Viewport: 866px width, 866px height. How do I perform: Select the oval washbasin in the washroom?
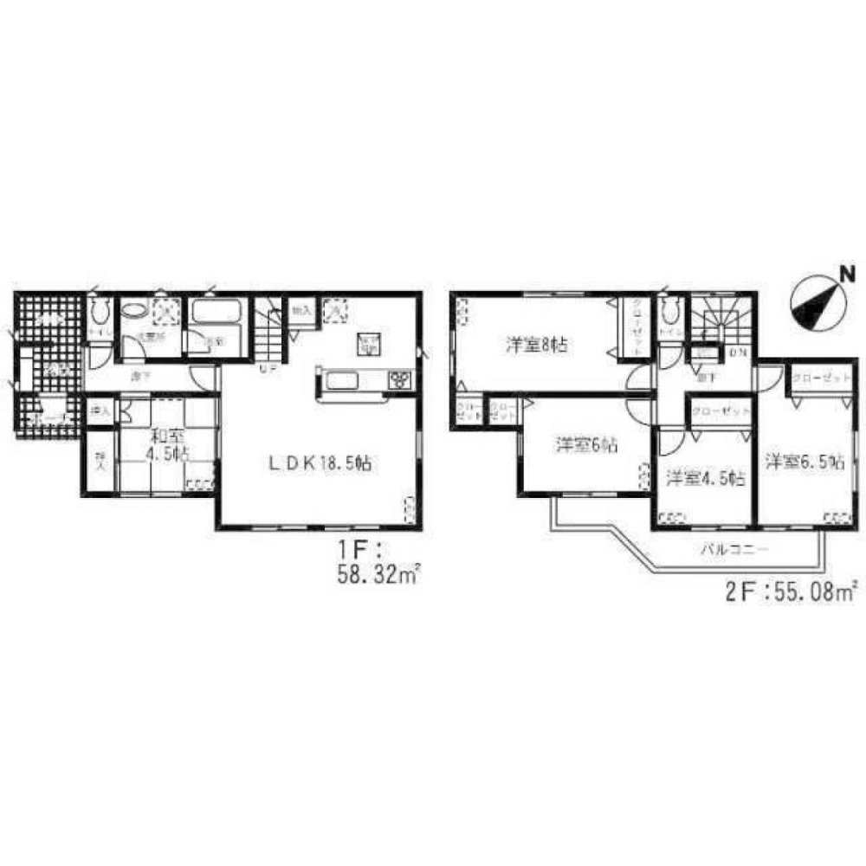coord(133,312)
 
